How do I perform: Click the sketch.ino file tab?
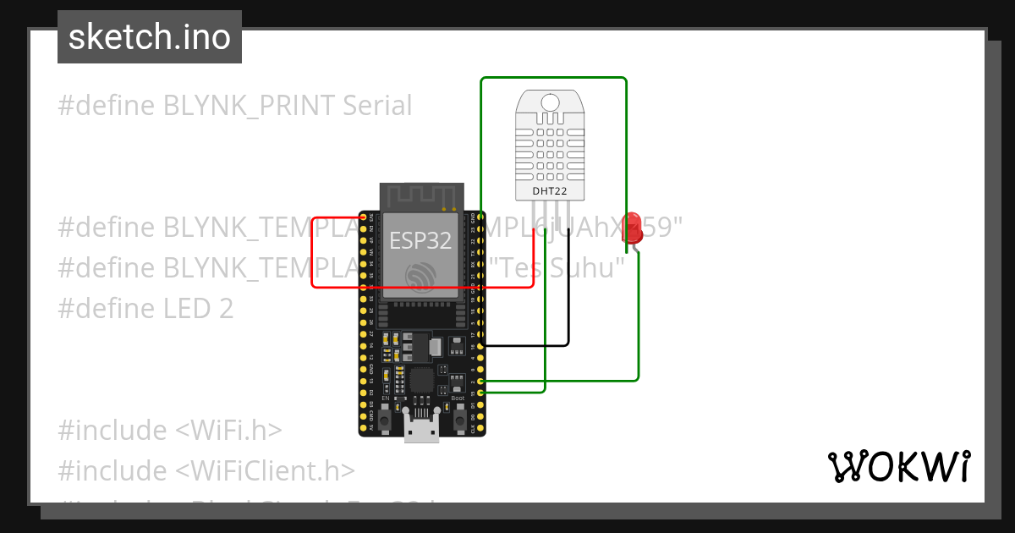click(150, 37)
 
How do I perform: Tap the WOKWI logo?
click(898, 466)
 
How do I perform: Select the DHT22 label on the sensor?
click(549, 191)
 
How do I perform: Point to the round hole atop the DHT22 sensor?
click(550, 103)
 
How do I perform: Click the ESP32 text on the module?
click(420, 240)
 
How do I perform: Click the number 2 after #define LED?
click(226, 309)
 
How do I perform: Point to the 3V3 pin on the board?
click(370, 217)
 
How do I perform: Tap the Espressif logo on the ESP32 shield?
click(420, 276)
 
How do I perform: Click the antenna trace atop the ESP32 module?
click(421, 197)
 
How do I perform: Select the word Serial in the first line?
click(377, 106)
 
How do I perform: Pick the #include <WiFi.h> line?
click(169, 431)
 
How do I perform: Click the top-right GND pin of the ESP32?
click(480, 217)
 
